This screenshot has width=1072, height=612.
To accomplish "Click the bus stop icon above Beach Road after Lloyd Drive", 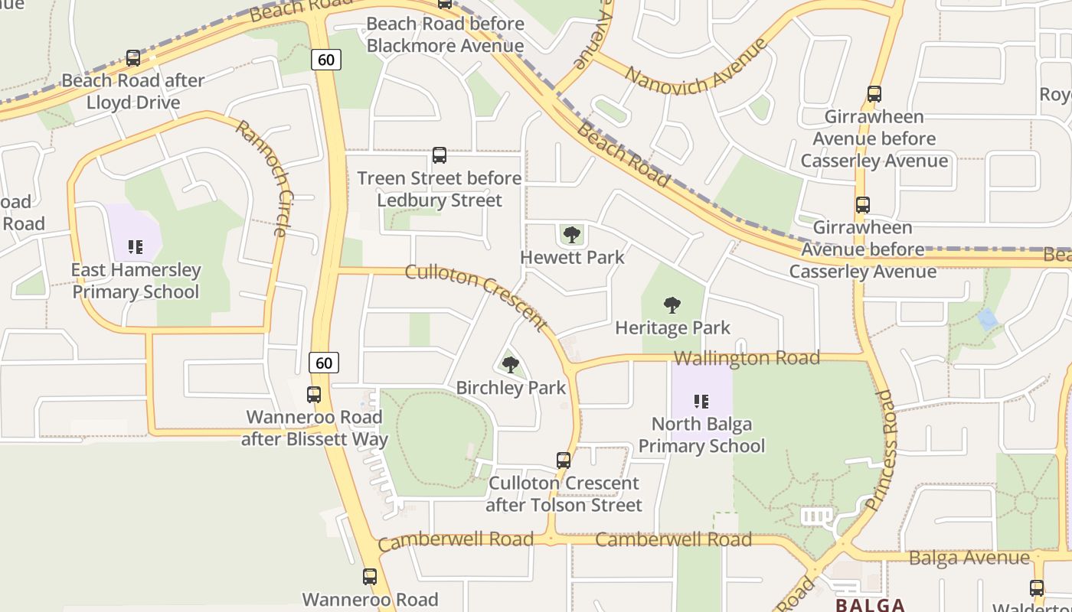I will point(133,58).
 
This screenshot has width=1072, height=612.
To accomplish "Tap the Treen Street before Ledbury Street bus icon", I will point(440,155).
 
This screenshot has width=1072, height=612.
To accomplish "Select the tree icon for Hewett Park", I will point(571,235).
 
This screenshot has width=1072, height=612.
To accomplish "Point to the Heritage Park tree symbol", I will point(672,306).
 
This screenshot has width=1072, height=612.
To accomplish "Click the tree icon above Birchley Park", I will point(511,365).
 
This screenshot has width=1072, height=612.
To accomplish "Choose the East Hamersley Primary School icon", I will point(136,246).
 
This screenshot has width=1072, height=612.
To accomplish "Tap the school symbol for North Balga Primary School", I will point(701,401).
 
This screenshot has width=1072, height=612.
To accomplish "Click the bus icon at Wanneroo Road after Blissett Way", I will point(314,395).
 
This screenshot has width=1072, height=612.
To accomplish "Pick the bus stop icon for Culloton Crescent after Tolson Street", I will point(564,461).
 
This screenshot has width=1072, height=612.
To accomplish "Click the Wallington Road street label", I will point(747,358).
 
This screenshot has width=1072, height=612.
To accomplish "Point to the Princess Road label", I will point(881,450).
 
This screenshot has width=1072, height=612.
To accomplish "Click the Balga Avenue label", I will point(969,558).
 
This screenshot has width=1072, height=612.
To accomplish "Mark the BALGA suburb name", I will point(871,605).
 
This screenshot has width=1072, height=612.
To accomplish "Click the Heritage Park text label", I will point(672,327).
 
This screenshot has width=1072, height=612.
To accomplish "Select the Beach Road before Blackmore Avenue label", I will point(445,34).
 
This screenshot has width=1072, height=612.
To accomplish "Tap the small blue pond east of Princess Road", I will point(988,319).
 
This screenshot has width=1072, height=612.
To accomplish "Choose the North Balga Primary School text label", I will point(701,435).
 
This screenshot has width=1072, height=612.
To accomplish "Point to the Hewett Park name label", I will point(572,257).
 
